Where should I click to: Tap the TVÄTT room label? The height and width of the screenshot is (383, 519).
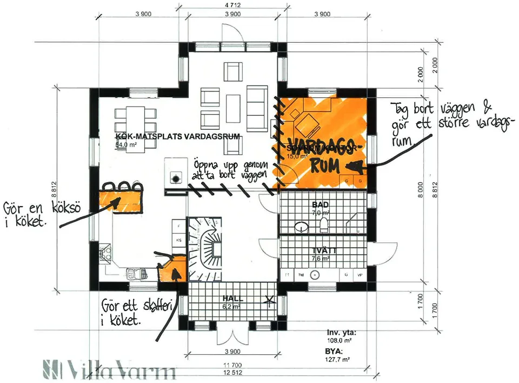click(x=324, y=250)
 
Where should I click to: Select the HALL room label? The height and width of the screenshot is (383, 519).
click(x=233, y=299)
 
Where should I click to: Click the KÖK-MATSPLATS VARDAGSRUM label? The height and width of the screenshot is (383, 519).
click(x=177, y=136)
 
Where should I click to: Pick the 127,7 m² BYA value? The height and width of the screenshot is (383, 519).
click(x=338, y=359)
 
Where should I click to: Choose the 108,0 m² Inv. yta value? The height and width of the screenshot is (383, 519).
click(x=338, y=341)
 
